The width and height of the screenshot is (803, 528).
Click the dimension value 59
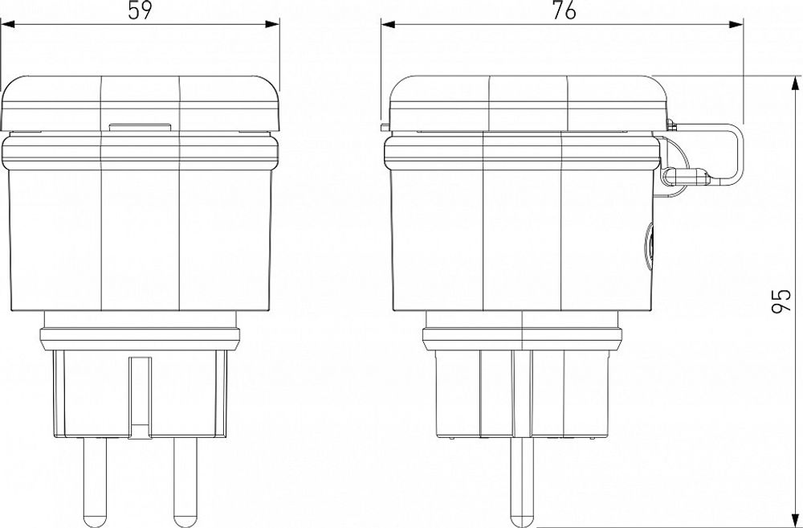[x=140, y=11]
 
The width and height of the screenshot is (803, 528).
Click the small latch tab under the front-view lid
[x=140, y=126]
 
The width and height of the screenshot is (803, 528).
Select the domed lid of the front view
[x=141, y=100]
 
